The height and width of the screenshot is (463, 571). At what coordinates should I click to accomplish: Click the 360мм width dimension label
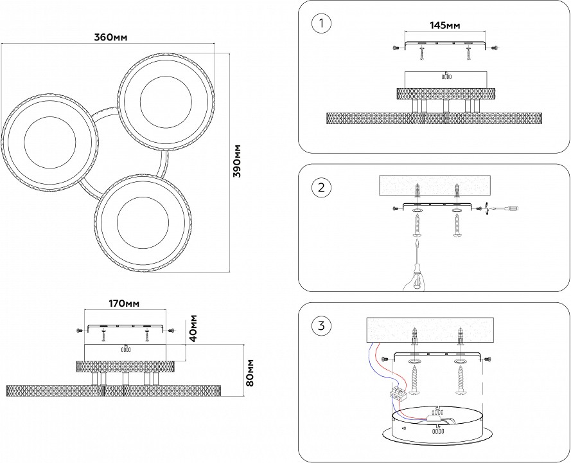tap(111, 37)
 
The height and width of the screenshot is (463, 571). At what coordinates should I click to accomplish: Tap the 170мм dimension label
tap(124, 303)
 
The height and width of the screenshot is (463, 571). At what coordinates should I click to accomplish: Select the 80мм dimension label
tap(250, 373)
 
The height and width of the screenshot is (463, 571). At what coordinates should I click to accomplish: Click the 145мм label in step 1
tap(444, 26)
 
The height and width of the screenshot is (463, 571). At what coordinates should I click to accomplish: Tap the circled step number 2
tap(321, 188)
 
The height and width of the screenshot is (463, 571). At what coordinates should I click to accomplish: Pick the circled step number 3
tap(321, 325)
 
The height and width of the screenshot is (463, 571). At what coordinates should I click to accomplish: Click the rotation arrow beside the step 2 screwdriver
tap(488, 208)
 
